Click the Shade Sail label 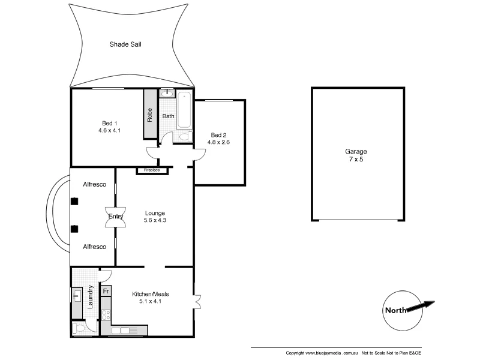[125, 44]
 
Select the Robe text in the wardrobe [150, 114]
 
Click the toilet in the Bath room [184, 137]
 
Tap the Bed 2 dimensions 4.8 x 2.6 [218, 142]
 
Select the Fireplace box [153, 170]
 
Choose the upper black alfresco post [74, 202]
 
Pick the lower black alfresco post [74, 229]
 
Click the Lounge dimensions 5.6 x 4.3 [155, 220]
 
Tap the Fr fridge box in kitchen [106, 292]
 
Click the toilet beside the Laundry [78, 327]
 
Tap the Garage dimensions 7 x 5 [356, 160]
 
